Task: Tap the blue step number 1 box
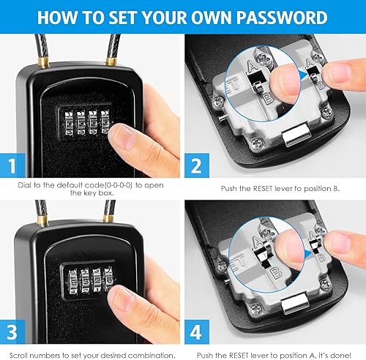point(12,165)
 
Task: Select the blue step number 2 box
point(197,165)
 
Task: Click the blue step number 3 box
point(12,331)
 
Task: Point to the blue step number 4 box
point(197,332)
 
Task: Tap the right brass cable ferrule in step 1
point(112,61)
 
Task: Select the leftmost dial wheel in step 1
point(69,124)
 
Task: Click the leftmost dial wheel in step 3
point(73,282)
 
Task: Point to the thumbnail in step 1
point(123,136)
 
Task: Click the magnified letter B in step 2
point(269,98)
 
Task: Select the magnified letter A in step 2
point(252,66)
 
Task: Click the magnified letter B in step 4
point(276,273)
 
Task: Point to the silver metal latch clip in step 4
point(295,304)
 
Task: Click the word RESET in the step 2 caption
point(262,189)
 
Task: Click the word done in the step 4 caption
point(342,355)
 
